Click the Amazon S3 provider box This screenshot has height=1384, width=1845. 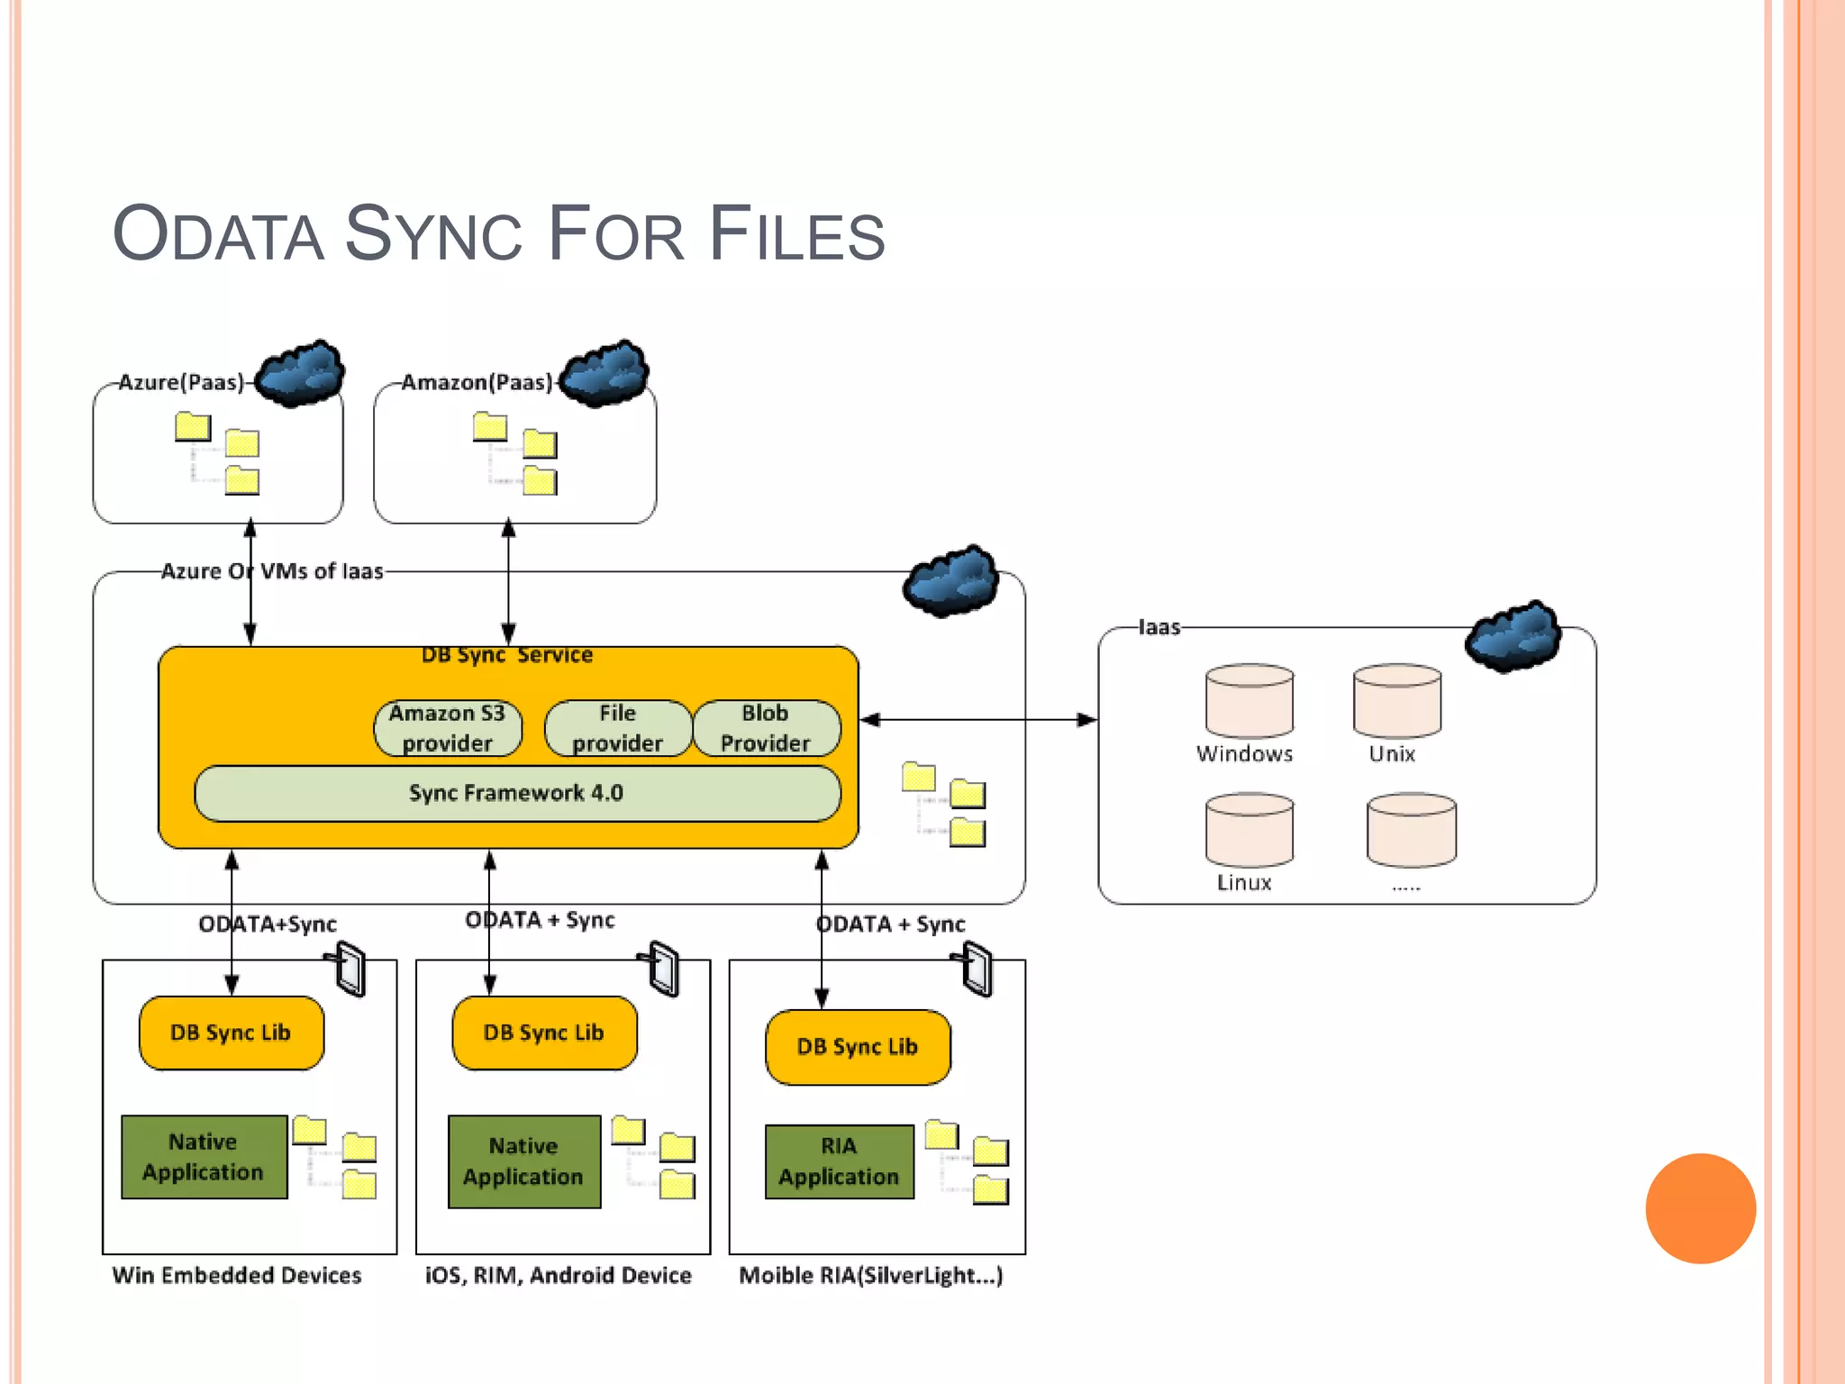448,728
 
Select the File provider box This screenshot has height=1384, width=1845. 618,728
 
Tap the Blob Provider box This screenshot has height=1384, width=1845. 766,728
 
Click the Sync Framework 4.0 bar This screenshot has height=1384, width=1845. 517,793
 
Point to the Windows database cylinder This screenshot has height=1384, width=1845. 1249,701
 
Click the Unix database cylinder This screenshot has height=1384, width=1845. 1396,701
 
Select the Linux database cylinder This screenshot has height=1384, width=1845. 1249,830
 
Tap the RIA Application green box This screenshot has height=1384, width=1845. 839,1161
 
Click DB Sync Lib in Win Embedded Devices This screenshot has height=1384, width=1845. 232,1033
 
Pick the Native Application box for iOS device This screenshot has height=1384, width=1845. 524,1161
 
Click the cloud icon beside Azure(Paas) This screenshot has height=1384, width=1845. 300,373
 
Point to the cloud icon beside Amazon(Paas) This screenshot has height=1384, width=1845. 604,373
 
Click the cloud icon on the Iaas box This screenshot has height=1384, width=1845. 1513,635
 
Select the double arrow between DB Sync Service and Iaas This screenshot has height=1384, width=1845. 978,720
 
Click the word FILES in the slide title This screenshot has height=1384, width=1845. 796,234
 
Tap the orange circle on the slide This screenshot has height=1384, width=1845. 1700,1208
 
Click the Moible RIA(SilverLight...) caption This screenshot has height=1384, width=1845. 870,1275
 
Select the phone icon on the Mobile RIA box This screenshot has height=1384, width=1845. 977,970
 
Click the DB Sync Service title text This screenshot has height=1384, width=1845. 507,655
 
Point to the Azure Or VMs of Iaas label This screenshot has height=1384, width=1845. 272,571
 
